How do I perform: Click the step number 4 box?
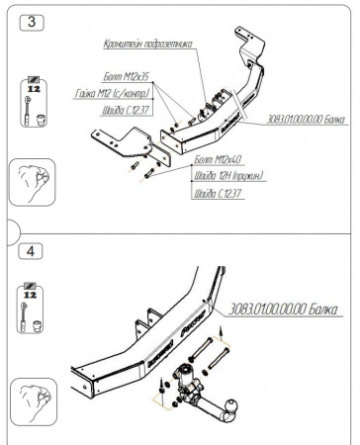point(35,251)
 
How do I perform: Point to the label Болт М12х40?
point(217,159)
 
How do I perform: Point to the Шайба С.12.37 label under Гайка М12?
point(120,109)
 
